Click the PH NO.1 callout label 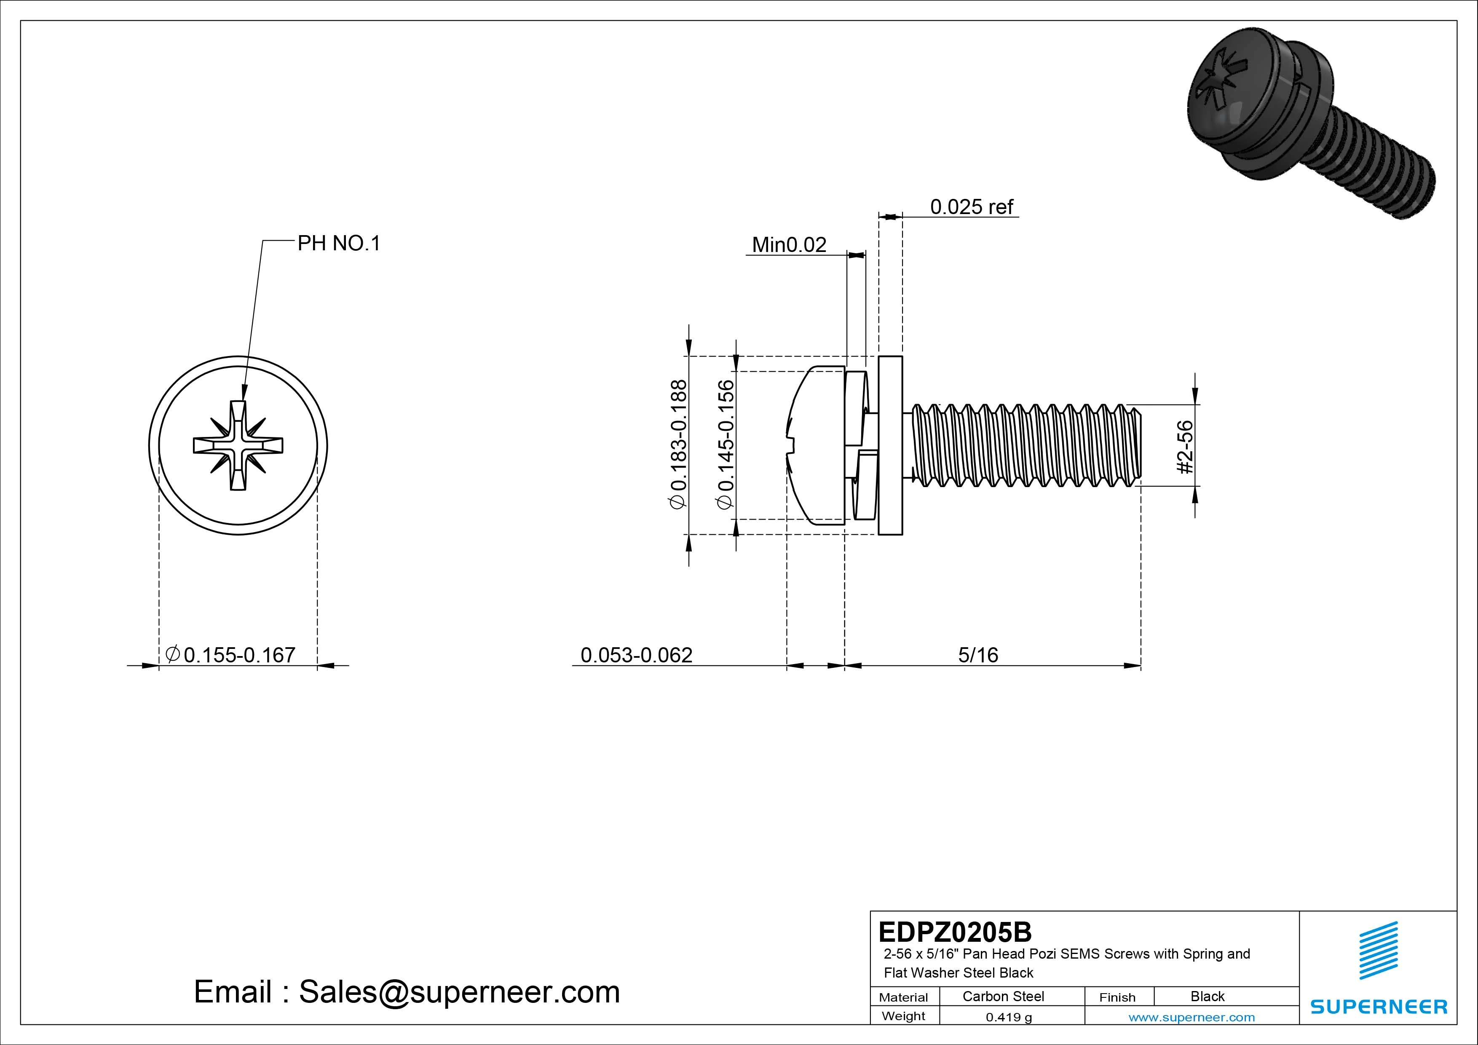(339, 244)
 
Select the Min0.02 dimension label (789, 245)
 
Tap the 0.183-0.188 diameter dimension (679, 444)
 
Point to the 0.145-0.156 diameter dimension (726, 444)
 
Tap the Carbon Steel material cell (1003, 996)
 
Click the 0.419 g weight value (1009, 1017)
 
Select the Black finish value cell (1207, 996)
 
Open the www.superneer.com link (1192, 1017)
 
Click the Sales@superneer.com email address (459, 992)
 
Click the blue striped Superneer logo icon (1378, 950)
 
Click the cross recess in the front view (238, 445)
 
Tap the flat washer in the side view (890, 445)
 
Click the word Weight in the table (903, 1016)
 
